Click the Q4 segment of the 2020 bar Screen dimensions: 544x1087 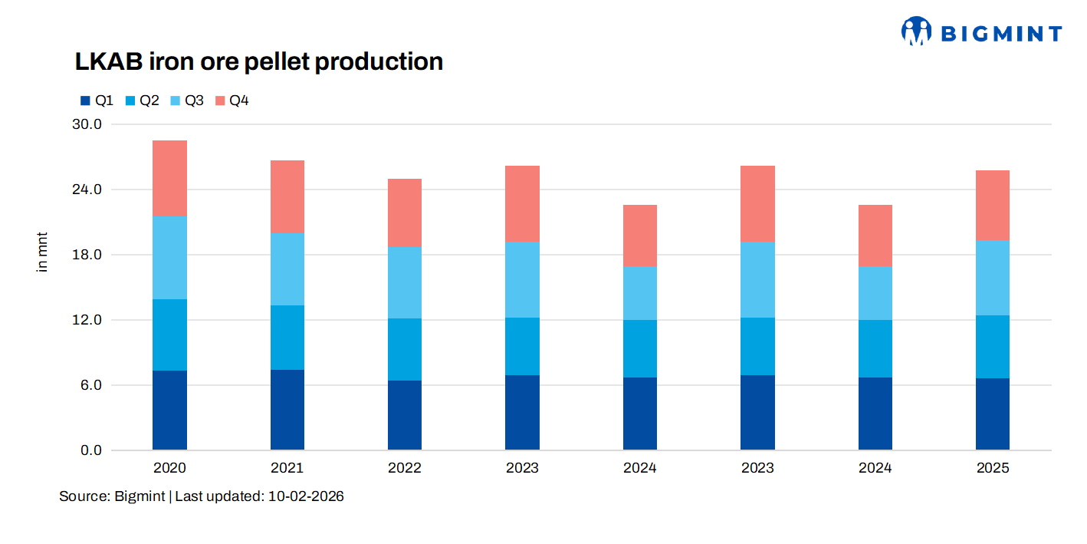tap(169, 178)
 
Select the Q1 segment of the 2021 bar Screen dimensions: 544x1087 tap(287, 410)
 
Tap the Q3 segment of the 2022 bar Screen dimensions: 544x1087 tap(405, 282)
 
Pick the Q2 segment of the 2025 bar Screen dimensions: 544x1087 tap(993, 347)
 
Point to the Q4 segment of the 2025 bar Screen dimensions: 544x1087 tap(993, 206)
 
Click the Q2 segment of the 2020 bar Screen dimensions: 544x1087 tap(169, 335)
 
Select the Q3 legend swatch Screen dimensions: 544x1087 tap(174, 101)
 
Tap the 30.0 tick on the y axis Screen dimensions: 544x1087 tap(87, 124)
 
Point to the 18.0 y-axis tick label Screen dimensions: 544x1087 tap(87, 255)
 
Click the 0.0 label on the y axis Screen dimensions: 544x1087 tap(90, 450)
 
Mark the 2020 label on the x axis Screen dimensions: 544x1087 tap(169, 468)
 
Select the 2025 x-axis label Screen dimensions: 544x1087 tap(993, 468)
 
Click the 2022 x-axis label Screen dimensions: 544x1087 tap(405, 468)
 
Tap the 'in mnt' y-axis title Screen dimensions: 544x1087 tap(43, 251)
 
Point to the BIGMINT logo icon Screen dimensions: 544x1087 tap(915, 31)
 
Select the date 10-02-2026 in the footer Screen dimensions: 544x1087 tap(306, 496)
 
